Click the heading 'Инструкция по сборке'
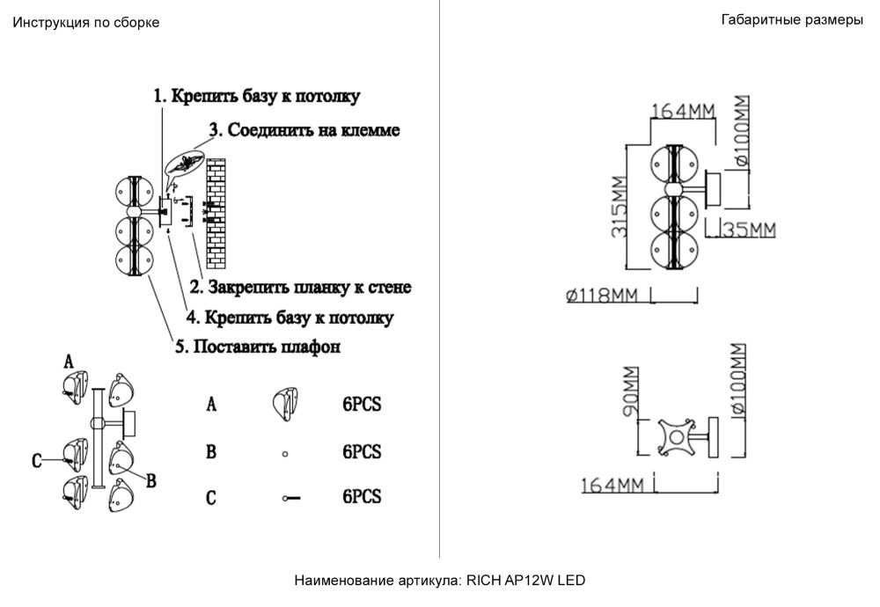click(x=85, y=23)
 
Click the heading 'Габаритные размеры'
click(x=791, y=20)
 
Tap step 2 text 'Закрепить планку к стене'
click(x=300, y=288)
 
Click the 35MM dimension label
click(x=748, y=230)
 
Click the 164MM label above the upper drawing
click(x=683, y=111)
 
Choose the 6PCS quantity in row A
click(x=362, y=405)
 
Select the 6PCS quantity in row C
click(x=362, y=497)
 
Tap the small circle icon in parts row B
click(x=285, y=455)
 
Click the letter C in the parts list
click(x=211, y=498)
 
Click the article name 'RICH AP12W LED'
click(x=525, y=581)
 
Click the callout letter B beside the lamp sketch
click(x=150, y=481)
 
